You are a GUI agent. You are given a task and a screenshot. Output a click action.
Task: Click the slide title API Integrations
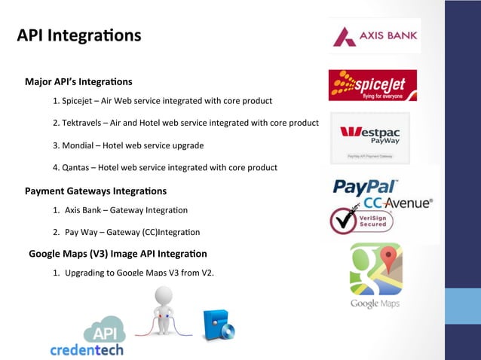coord(79,35)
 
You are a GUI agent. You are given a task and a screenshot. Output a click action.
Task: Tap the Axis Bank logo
coord(375,35)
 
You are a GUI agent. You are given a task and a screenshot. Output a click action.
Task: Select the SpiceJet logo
coord(372,85)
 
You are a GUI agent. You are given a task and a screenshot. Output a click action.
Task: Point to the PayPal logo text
coord(366,186)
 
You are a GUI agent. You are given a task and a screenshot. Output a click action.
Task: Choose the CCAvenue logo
coord(398,203)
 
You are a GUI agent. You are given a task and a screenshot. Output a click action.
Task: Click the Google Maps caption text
coord(375,304)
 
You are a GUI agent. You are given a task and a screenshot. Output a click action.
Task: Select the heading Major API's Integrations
coord(78,81)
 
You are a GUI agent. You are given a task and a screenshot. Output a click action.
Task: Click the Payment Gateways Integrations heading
coord(96,191)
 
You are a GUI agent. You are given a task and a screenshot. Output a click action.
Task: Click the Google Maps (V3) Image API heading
coord(118,254)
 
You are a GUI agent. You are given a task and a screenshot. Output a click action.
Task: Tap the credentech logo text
coord(86,349)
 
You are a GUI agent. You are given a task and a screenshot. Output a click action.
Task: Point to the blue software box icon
coord(219,325)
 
